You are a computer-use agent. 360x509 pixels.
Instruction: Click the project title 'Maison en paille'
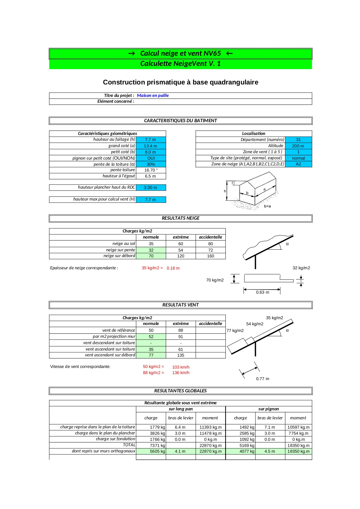click(x=153, y=95)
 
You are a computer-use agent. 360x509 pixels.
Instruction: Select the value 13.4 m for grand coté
click(x=151, y=146)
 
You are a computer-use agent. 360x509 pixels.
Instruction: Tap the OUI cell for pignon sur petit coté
click(x=151, y=158)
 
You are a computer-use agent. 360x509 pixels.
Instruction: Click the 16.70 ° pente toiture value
click(x=151, y=170)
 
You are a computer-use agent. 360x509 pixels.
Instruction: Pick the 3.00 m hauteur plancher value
click(x=151, y=187)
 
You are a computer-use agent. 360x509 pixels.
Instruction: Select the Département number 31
click(x=298, y=140)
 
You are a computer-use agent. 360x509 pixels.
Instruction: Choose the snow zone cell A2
click(x=298, y=164)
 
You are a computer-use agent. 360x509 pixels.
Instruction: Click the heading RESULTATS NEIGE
click(x=180, y=218)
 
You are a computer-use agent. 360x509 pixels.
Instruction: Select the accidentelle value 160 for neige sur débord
click(x=210, y=256)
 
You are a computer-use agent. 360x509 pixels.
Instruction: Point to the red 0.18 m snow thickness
click(x=173, y=268)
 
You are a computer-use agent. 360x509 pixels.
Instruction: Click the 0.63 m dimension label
click(x=262, y=292)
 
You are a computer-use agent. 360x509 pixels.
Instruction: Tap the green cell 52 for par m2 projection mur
click(x=151, y=337)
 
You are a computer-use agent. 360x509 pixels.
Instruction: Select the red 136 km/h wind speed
click(x=180, y=373)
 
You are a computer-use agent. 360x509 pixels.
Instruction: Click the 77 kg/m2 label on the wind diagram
click(x=235, y=331)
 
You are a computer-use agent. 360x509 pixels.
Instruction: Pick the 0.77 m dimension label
click(x=262, y=379)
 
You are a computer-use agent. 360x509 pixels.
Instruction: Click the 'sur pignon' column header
click(x=268, y=409)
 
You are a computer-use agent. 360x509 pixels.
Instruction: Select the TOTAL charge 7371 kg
click(x=157, y=445)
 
